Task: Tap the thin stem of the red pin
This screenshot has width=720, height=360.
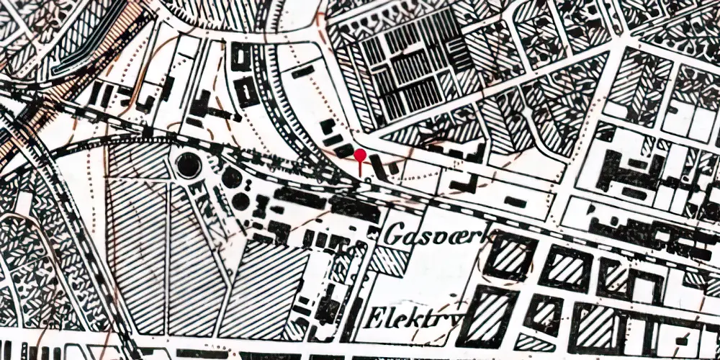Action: pos(361,166)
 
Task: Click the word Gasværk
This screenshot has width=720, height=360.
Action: pos(440,233)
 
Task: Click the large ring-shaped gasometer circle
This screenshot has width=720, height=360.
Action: pos(189,167)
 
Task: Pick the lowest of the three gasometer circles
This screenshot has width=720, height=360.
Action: pos(240,201)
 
